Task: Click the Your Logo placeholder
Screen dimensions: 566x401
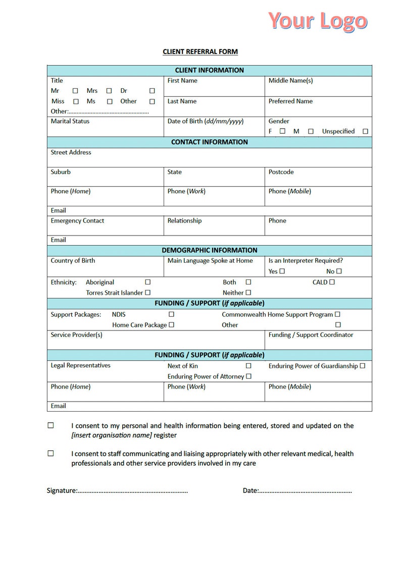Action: coord(317,21)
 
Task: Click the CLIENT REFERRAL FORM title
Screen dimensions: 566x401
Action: coord(200,51)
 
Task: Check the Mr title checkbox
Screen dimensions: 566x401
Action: coord(75,91)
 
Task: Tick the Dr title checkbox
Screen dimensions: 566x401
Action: coord(152,91)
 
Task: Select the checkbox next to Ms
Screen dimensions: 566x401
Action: coord(110,101)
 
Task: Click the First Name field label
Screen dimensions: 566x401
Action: coord(182,81)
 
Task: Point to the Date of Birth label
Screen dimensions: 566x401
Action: coord(206,121)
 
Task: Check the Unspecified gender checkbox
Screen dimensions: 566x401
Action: coord(365,131)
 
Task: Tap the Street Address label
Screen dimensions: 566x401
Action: coord(71,152)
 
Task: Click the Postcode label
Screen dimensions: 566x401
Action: coord(281,172)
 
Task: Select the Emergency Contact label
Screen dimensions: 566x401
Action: coord(77,220)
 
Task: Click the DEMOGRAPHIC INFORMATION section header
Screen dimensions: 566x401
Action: coord(209,250)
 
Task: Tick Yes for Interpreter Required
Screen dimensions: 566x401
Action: coord(282,271)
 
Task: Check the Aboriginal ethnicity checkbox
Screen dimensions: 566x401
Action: coord(147,282)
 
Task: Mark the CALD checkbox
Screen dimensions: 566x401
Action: coord(332,282)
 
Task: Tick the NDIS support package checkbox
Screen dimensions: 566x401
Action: coord(171,314)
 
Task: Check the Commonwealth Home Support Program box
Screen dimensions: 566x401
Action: coord(337,314)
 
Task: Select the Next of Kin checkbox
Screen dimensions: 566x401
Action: coord(248,366)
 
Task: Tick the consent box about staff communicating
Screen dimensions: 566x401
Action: coord(51,454)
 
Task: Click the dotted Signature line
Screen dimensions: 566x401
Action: coord(132,490)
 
